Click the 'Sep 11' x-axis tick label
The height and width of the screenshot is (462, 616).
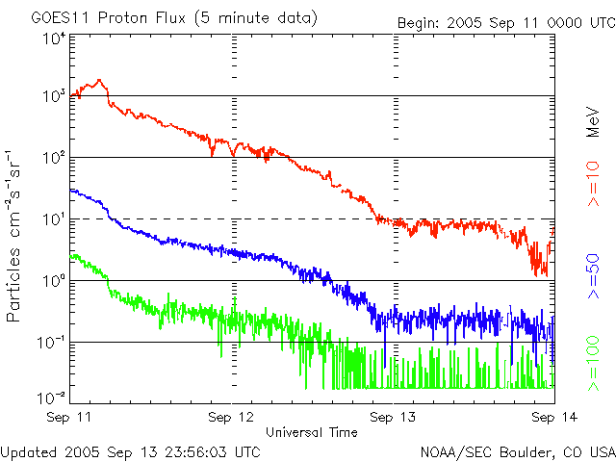tap(72, 418)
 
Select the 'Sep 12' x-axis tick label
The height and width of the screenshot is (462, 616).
tap(232, 418)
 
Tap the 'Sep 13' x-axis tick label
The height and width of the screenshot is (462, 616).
tap(394, 418)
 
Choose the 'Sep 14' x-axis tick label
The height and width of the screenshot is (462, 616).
tap(552, 418)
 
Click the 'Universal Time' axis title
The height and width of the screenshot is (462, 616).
tap(313, 432)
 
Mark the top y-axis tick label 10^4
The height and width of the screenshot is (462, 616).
tap(53, 38)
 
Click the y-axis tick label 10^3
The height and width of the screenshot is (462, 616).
tap(53, 95)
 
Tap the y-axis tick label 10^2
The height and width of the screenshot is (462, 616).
tap(53, 157)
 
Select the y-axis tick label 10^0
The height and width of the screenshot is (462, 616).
tap(53, 280)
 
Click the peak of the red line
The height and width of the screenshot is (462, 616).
tap(100, 81)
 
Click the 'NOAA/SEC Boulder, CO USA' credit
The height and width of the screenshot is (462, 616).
tap(517, 450)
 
